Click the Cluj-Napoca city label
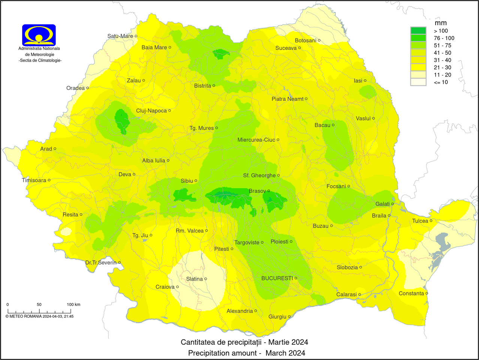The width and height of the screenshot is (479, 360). coord(151,111)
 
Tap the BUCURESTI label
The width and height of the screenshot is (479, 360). coord(277,278)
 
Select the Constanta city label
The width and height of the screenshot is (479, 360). coord(411,294)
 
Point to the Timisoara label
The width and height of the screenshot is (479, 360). coord(34,180)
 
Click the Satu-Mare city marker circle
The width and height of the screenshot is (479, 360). coord(136,36)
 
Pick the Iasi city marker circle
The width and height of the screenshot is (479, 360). coord(365,81)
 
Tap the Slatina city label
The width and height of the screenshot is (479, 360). coord(195,279)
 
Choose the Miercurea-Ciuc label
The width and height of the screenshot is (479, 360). coord(256,140)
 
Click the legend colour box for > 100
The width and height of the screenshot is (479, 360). coord(418,31)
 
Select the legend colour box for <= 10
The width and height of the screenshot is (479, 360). coord(418,82)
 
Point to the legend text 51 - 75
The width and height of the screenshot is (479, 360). coord(443,45)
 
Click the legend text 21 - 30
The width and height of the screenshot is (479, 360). coord(443,67)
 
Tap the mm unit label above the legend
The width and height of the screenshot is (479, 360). coord(441,23)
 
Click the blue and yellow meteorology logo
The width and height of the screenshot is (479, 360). coord(39,35)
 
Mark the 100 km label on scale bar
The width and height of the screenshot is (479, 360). coord(73,304)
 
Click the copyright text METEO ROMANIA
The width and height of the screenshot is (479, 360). coord(39,316)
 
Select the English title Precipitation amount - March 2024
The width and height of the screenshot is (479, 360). coord(247,353)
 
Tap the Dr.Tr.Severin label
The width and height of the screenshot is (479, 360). coord(101,262)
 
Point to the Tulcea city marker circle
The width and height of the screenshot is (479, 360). coord(431,221)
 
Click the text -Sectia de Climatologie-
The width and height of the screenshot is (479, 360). coord(40,60)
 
